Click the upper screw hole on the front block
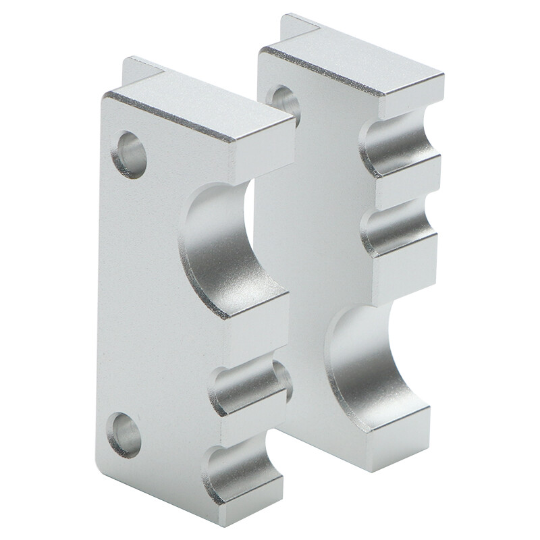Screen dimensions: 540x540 pyautogui.click(x=130, y=154)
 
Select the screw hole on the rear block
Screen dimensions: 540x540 pyautogui.click(x=284, y=103)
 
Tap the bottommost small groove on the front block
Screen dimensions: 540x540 pyautogui.click(x=243, y=473)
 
